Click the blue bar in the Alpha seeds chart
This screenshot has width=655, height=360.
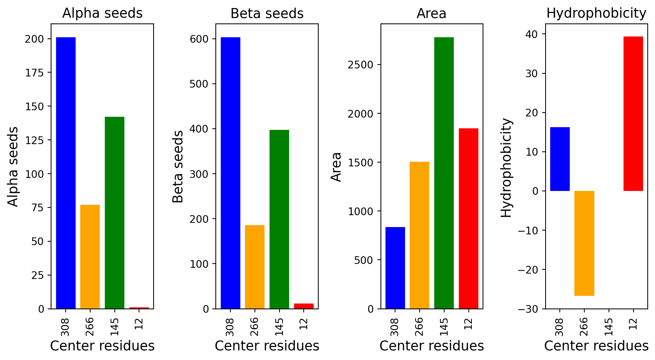(66, 173)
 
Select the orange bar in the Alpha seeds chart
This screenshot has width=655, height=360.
(90, 257)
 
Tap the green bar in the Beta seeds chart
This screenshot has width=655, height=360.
(279, 219)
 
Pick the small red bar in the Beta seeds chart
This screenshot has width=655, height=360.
(304, 306)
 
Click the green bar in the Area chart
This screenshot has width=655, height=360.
(444, 173)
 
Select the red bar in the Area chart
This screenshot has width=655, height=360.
(468, 219)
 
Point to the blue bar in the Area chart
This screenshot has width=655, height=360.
(395, 268)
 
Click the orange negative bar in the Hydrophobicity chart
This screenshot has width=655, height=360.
(584, 243)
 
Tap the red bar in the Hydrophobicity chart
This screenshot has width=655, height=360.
(633, 114)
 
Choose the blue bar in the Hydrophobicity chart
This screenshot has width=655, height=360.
(560, 159)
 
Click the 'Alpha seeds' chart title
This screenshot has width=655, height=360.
(103, 13)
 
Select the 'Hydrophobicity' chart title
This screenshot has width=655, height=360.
(596, 13)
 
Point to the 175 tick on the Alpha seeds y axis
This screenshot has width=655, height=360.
(34, 73)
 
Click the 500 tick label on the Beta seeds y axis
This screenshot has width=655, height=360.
(199, 84)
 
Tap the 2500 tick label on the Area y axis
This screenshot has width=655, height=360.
(361, 65)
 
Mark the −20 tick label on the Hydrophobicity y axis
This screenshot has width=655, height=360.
(528, 270)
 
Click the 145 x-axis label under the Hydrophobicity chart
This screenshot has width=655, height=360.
(609, 327)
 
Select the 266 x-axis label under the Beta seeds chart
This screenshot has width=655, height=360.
(255, 327)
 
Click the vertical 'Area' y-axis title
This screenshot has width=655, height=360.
(336, 167)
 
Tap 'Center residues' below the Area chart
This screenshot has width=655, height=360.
(432, 346)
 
